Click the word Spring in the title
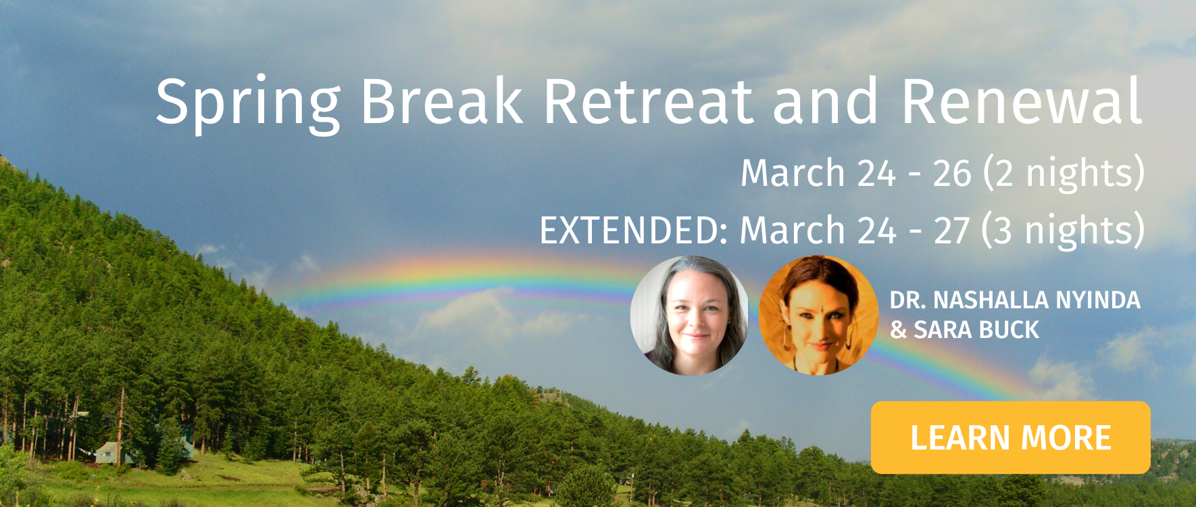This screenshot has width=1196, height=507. pos(248,103)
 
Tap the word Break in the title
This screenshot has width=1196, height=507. pos(442,101)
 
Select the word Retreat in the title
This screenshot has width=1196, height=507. pos(648,101)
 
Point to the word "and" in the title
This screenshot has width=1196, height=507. pos(825,101)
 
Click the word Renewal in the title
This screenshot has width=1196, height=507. pos(1022,101)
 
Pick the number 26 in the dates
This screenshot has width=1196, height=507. pos(952,174)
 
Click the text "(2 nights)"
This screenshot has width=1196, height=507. pos(1064,174)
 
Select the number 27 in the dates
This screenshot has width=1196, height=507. pos(952,231)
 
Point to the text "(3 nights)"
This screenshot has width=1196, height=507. pos(1064,231)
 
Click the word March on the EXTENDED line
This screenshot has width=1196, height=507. pos(792,231)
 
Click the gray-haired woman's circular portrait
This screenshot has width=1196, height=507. pos(689,315)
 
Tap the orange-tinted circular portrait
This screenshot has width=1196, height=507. pos(818,315)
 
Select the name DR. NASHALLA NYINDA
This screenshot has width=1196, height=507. pos(1015,300)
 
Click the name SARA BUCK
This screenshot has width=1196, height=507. pos(976,330)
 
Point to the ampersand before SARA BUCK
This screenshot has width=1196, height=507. pos(899,330)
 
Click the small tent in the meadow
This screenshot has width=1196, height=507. pos(113,452)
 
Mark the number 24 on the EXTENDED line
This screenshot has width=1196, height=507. pos(876,231)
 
